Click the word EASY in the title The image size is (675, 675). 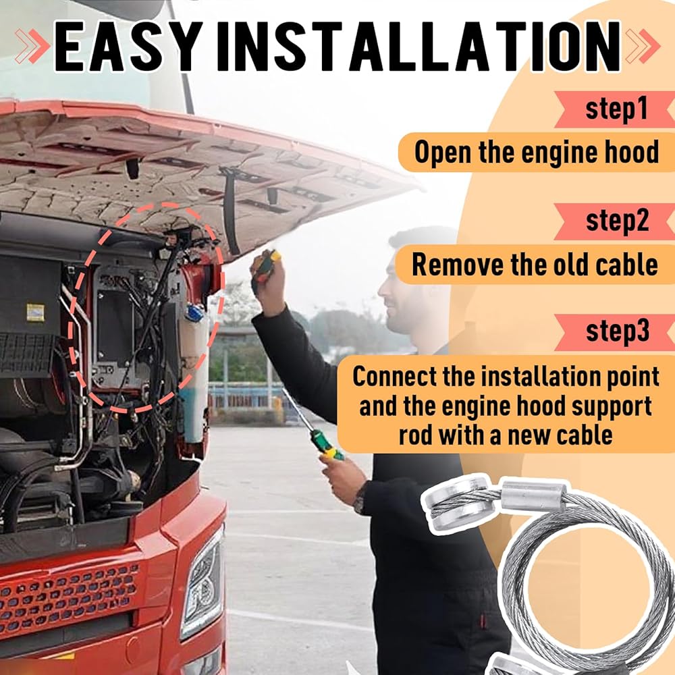pyautogui.click(x=128, y=46)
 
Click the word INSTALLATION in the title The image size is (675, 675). pyautogui.click(x=418, y=46)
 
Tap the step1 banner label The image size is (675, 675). pyautogui.click(x=616, y=109)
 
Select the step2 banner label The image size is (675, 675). pyautogui.click(x=618, y=221)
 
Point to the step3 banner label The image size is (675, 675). pyautogui.click(x=618, y=331)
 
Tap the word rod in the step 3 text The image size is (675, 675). pyautogui.click(x=415, y=435)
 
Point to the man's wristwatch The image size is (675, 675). pyautogui.click(x=360, y=499)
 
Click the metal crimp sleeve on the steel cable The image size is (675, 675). pyautogui.click(x=533, y=497)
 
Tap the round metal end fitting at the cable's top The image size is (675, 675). pyautogui.click(x=459, y=504)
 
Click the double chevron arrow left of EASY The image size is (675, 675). pyautogui.click(x=32, y=46)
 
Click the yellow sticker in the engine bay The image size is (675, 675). pyautogui.click(x=35, y=313)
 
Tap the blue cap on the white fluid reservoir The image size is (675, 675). pyautogui.click(x=194, y=313)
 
